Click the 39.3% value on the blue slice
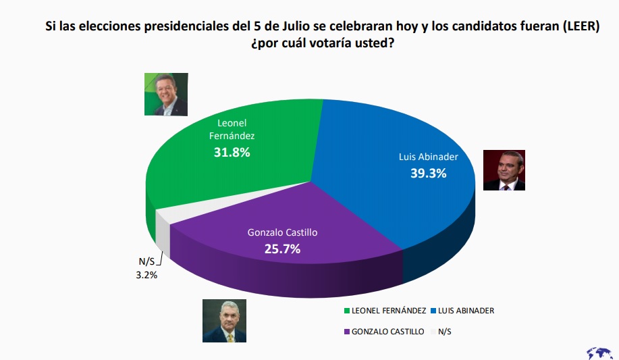click(x=429, y=174)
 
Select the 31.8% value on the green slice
click(x=232, y=153)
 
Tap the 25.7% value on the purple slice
click(x=282, y=249)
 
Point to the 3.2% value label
click(x=143, y=275)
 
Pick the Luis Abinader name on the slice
click(x=429, y=157)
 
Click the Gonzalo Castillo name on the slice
click(x=282, y=233)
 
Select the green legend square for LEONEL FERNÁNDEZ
click(x=346, y=311)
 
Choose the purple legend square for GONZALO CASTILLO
click(x=346, y=332)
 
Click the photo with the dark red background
click(x=504, y=170)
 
